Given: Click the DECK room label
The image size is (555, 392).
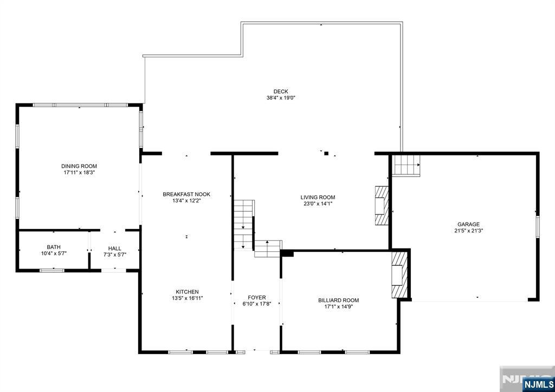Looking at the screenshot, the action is click(x=281, y=92).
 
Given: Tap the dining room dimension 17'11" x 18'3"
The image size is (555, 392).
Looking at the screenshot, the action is click(x=79, y=173).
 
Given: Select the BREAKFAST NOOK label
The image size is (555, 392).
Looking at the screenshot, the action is click(x=186, y=194).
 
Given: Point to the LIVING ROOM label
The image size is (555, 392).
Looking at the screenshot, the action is click(x=318, y=197).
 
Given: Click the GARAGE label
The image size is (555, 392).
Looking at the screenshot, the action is click(x=469, y=224).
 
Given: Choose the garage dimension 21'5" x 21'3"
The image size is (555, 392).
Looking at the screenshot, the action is click(x=469, y=231).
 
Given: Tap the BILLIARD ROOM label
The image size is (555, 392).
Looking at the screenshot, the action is click(x=339, y=300).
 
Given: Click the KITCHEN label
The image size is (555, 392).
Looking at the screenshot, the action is click(x=187, y=292).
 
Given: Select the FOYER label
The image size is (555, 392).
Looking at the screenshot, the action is click(x=256, y=297).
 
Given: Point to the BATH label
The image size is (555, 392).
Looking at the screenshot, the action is click(x=54, y=247).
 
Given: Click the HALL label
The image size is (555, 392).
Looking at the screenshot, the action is click(x=115, y=249).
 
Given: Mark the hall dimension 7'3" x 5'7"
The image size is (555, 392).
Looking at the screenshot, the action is click(x=115, y=254).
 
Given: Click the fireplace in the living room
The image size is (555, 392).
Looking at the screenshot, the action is click(x=382, y=206).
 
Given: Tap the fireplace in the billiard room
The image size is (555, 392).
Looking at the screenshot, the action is click(x=399, y=275).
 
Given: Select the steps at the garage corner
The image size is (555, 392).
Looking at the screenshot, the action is click(x=406, y=166).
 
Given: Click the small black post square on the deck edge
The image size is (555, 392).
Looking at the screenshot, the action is click(x=326, y=153).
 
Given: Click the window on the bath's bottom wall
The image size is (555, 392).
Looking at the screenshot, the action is click(x=52, y=271).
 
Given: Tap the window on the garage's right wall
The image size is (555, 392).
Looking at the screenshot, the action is click(x=537, y=226).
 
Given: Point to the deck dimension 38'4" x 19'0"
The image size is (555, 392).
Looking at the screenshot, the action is click(x=281, y=98).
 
